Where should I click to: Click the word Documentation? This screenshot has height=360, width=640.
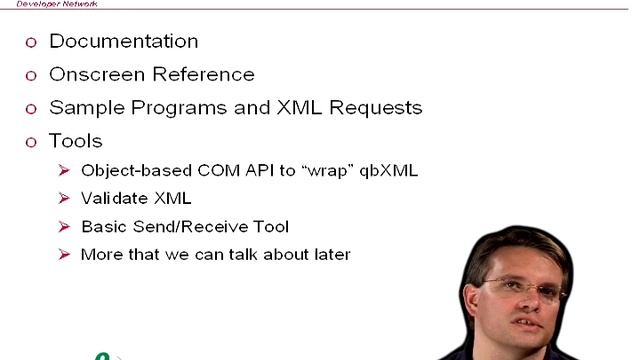pos(123,41)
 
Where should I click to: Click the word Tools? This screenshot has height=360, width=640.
pos(76,140)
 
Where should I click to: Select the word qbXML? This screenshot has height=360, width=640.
pos(385,170)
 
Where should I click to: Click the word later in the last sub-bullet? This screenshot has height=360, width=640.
pos(330,254)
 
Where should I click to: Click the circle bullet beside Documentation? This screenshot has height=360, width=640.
pos(30,42)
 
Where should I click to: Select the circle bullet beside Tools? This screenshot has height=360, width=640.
pos(30,141)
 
